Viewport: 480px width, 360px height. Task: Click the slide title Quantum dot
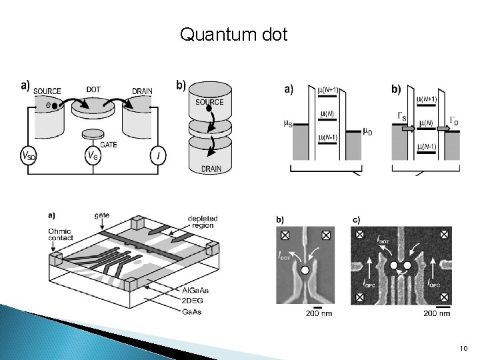pyautogui.click(x=233, y=34)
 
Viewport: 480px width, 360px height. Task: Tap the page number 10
pyautogui.click(x=464, y=348)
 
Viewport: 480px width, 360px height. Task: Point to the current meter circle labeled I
pyautogui.click(x=157, y=156)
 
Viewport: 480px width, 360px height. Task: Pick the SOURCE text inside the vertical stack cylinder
pyautogui.click(x=209, y=102)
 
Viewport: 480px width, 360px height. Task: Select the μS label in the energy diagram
pyautogui.click(x=288, y=123)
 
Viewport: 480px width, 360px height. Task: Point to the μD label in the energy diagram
pyautogui.click(x=367, y=131)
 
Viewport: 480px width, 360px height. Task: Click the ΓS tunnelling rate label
pyautogui.click(x=402, y=117)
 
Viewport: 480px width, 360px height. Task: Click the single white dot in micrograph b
pyautogui.click(x=305, y=271)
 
